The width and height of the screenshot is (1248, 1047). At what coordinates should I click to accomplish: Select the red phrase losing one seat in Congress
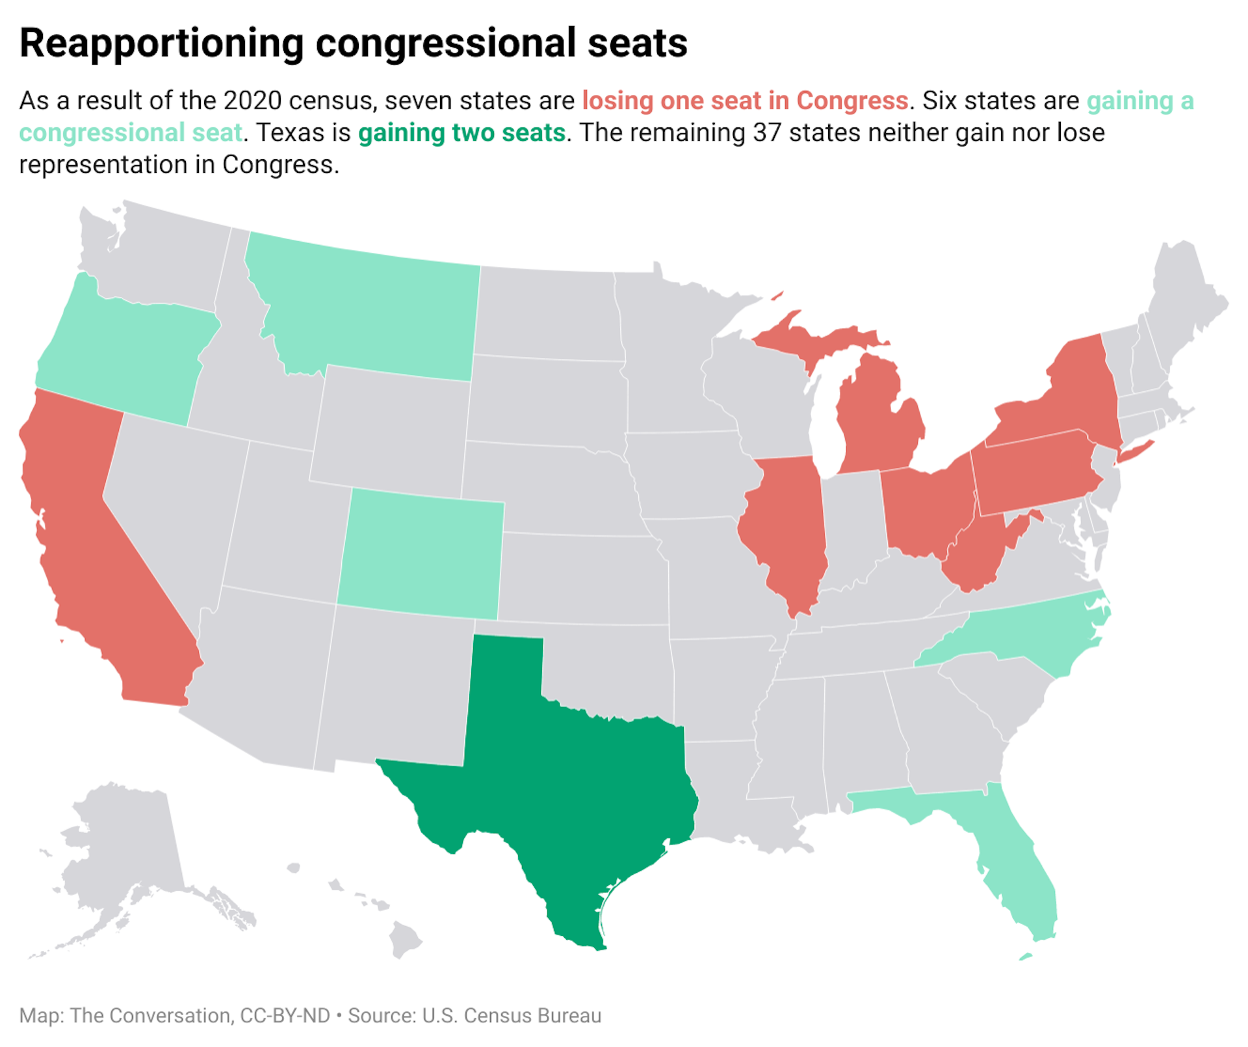pos(744,101)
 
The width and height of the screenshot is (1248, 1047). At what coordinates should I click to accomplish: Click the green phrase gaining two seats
pos(461,133)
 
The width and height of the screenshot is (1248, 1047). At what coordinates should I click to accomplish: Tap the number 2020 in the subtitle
pos(250,101)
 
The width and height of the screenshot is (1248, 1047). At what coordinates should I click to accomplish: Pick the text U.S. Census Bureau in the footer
pos(512,1015)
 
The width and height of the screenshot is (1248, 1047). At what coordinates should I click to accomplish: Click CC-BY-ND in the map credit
pos(285,1015)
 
